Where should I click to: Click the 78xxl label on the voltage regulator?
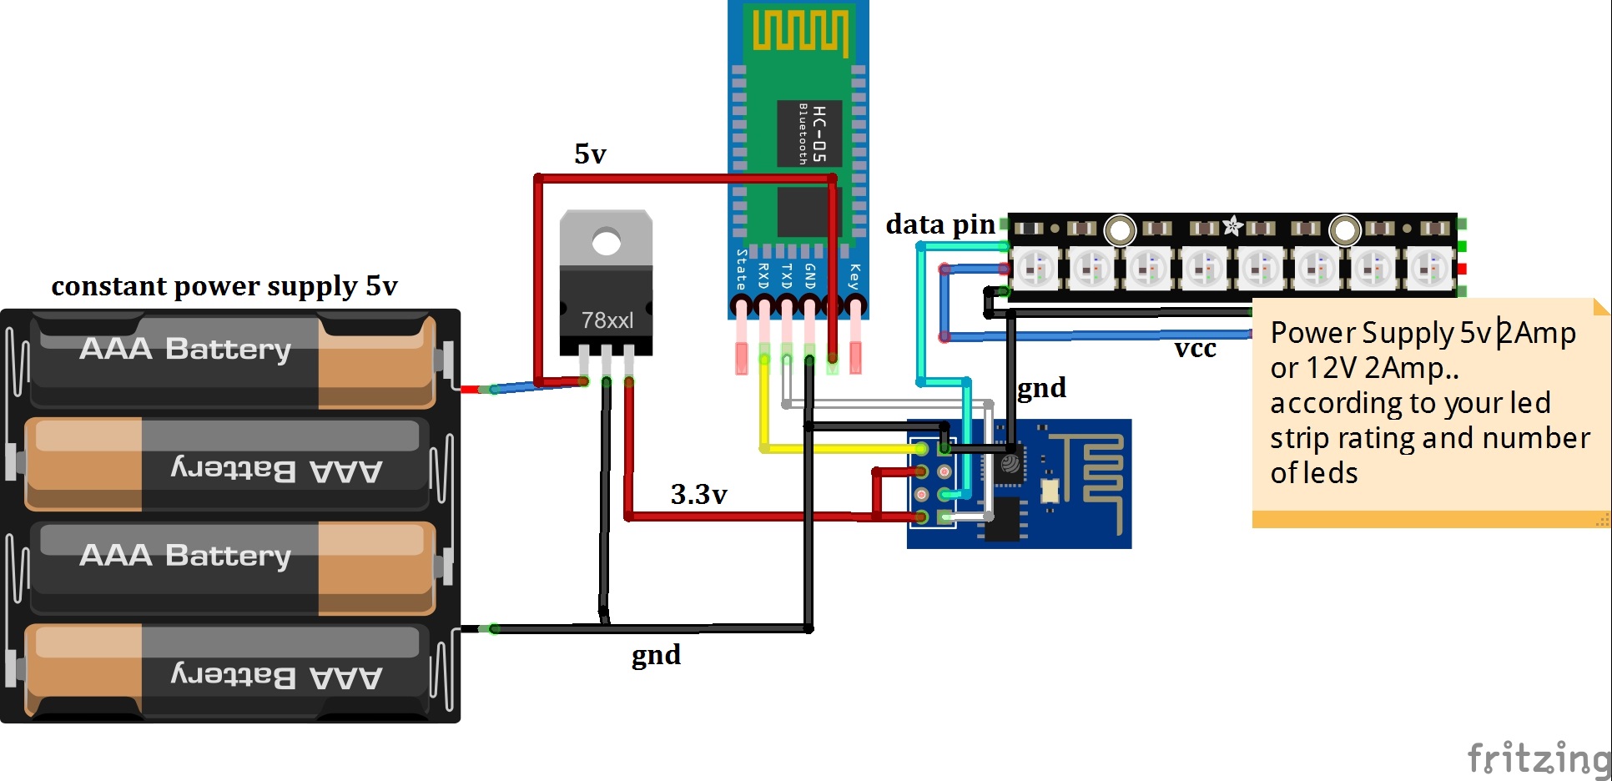click(x=607, y=320)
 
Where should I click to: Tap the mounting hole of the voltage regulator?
click(x=607, y=243)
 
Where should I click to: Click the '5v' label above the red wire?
click(x=590, y=154)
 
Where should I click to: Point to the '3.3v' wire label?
click(x=698, y=495)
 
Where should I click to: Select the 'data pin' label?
click(x=940, y=224)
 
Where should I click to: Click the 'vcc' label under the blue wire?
click(x=1195, y=349)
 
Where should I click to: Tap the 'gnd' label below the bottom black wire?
click(x=656, y=655)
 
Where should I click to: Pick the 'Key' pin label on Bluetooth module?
click(x=854, y=276)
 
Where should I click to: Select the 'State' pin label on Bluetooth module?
click(x=741, y=270)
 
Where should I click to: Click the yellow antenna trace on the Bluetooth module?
click(x=799, y=32)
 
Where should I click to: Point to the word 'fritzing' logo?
click(x=1538, y=758)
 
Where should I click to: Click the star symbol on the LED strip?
click(x=1232, y=225)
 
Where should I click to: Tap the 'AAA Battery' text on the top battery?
click(x=185, y=349)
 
